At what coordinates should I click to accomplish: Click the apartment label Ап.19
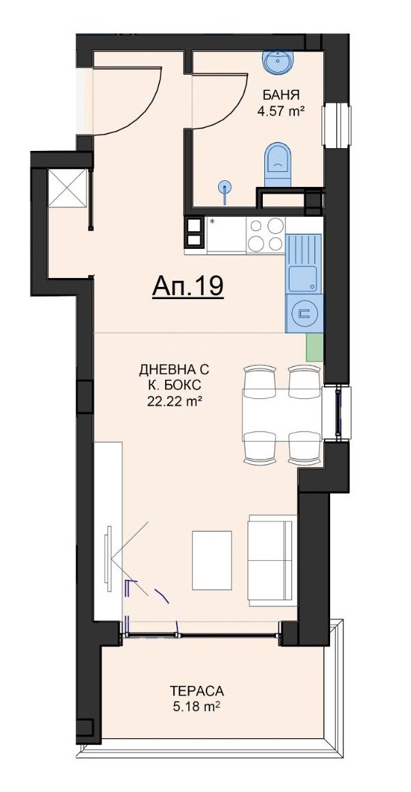[x=187, y=286]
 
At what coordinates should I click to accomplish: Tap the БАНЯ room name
[x=279, y=95]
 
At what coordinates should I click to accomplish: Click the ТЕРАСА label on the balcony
[x=196, y=691]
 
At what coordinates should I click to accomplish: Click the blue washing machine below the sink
[x=304, y=313]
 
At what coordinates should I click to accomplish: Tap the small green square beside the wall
[x=315, y=347]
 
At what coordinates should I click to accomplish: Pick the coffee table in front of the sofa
[x=212, y=561]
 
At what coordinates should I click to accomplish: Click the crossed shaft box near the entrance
[x=67, y=188]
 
